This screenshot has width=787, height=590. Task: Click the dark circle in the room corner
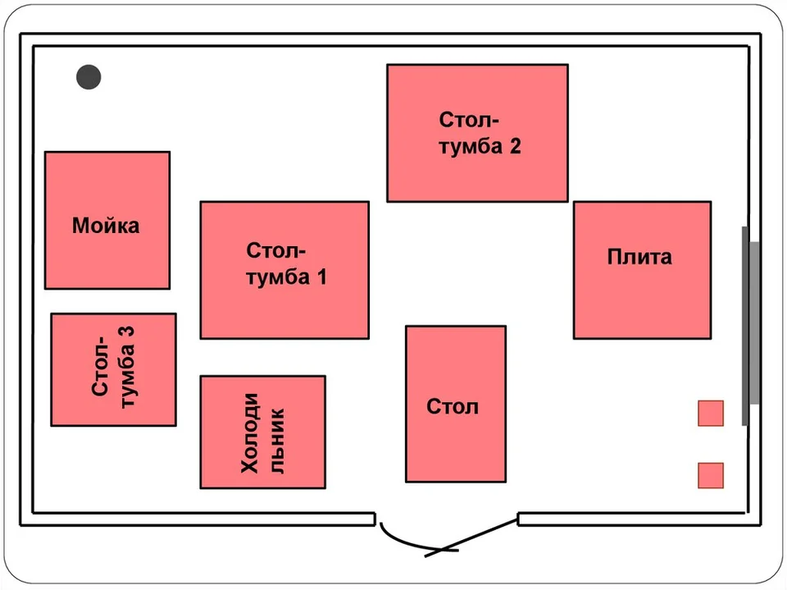point(89,77)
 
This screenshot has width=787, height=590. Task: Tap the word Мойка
point(106,225)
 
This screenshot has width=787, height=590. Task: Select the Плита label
point(639,257)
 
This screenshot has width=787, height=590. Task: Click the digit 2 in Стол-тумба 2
point(516,146)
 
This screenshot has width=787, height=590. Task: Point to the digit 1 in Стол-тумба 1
point(321,277)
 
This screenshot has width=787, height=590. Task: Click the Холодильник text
point(263,432)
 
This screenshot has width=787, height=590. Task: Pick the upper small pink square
point(711,413)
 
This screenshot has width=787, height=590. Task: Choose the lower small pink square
point(711,475)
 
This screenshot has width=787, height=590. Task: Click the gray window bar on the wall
point(751,325)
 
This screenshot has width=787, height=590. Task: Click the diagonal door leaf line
point(471,537)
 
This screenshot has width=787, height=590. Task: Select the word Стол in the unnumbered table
point(453,406)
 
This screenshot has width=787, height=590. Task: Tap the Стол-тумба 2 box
point(477,133)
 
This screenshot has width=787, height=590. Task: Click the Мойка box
point(107,220)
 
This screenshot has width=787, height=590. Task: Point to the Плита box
point(643,270)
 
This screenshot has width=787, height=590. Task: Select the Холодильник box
point(263,432)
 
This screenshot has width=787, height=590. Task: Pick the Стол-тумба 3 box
point(113,369)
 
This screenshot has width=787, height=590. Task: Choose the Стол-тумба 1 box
point(284,270)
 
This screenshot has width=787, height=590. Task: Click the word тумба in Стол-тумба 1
point(278,277)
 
